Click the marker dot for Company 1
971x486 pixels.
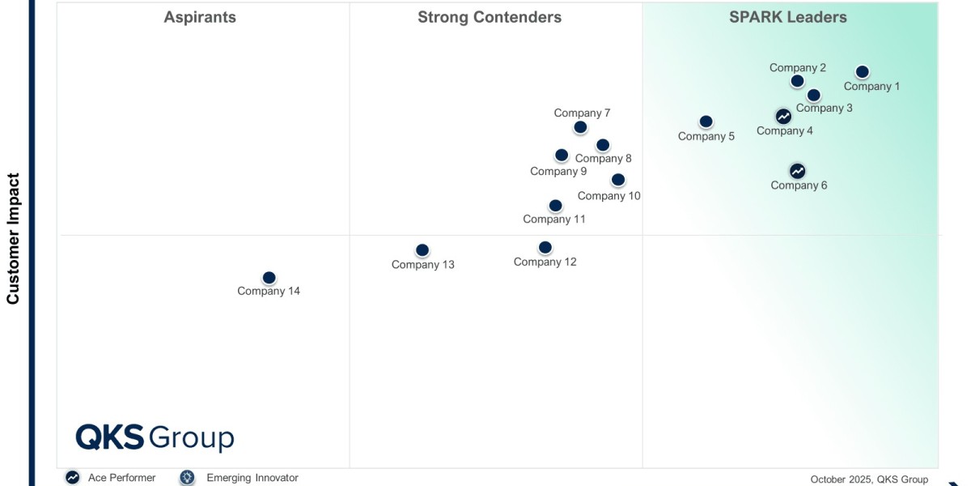point(862,72)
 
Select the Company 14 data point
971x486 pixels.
point(269,278)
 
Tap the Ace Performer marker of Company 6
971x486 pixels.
point(797,171)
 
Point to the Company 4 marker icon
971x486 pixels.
point(783,117)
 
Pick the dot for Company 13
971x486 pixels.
point(422,250)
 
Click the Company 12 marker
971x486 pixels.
point(545,247)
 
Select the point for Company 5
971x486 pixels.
point(706,122)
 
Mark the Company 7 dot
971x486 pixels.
point(580,127)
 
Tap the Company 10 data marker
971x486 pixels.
point(617,180)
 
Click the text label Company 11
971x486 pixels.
point(553,219)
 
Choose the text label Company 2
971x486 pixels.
point(797,68)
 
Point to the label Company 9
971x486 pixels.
point(558,171)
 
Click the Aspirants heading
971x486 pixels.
point(200,17)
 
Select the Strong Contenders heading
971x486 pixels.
point(489,17)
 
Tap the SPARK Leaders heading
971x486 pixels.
point(787,17)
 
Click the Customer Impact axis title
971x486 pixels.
point(13,238)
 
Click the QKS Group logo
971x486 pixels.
point(155,437)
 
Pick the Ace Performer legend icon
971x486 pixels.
point(73,478)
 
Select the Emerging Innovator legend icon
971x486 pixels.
point(188,478)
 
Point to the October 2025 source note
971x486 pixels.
point(869,479)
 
